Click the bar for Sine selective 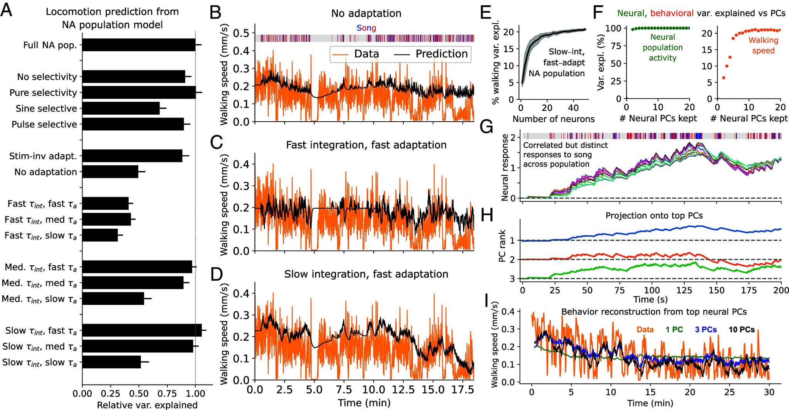pos(121,108)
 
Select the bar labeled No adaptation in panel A pos(110,172)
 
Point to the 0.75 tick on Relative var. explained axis pos(167,395)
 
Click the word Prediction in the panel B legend pos(442,54)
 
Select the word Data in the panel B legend pos(366,54)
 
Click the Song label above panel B pos(366,28)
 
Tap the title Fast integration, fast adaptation pos(366,145)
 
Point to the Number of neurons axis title pos(554,119)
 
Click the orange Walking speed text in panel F pos(763,45)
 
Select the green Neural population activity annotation pos(663,48)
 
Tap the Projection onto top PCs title pos(654,216)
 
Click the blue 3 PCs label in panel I pos(706,330)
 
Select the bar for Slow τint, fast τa pos(142,331)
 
